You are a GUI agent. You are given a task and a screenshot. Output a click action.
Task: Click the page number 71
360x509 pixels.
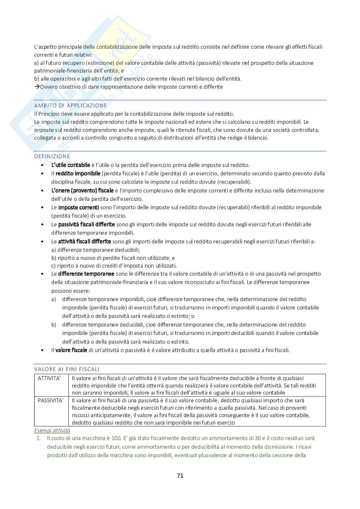(180, 475)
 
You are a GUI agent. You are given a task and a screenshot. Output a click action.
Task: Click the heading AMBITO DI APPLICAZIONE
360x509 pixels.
(71, 105)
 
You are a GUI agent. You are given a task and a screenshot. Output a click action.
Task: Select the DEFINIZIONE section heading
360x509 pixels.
(52, 156)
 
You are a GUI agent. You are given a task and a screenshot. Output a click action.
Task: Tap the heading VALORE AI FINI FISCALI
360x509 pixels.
(67, 369)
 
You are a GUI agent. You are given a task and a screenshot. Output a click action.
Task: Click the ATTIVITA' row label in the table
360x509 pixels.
(49, 378)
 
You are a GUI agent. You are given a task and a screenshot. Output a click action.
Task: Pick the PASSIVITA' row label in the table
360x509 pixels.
(51, 400)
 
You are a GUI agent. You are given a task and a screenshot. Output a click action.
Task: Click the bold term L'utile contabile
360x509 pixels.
(71, 165)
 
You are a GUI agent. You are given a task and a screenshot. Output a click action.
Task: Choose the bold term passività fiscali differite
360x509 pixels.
(86, 224)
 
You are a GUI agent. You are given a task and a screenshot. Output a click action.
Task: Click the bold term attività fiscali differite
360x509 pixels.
(85, 241)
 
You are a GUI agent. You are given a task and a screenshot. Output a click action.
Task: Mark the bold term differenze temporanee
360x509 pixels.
(86, 274)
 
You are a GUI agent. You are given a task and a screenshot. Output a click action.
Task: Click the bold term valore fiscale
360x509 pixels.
(71, 350)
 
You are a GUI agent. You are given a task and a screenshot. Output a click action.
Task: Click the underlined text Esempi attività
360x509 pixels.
(52, 430)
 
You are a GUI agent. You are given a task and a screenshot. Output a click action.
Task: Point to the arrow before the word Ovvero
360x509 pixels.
(36, 87)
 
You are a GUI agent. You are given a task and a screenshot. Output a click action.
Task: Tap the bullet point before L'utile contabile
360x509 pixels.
(43, 165)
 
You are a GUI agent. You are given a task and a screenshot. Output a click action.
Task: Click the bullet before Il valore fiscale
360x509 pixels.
(43, 350)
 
